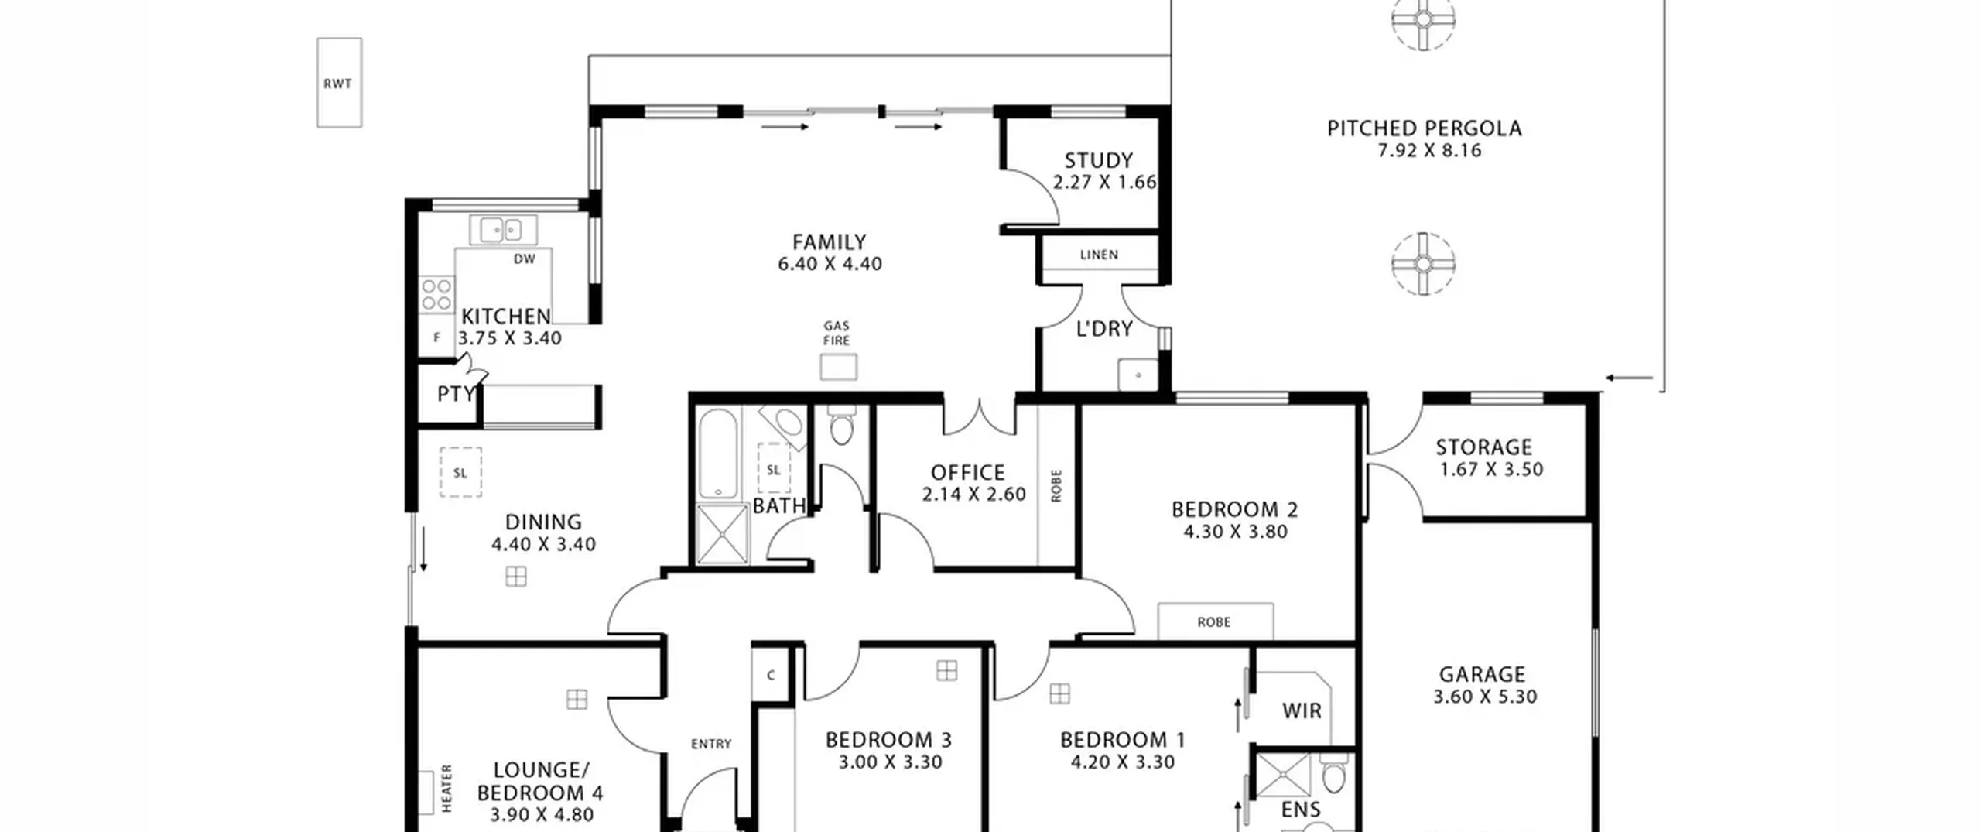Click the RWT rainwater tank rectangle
pyautogui.click(x=339, y=83)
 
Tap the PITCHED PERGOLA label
pyautogui.click(x=1425, y=128)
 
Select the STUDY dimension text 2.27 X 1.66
pyautogui.click(x=1104, y=182)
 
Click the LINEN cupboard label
pyautogui.click(x=1099, y=255)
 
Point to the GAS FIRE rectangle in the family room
pyautogui.click(x=839, y=367)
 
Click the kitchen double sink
pyautogui.click(x=503, y=230)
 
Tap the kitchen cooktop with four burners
pyautogui.click(x=436, y=295)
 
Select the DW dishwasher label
pyautogui.click(x=525, y=259)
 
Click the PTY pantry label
pyautogui.click(x=456, y=395)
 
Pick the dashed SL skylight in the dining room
pyautogui.click(x=460, y=472)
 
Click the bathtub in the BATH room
pyautogui.click(x=718, y=454)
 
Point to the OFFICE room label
pyautogui.click(x=967, y=473)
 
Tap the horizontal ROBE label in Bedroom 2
pyautogui.click(x=1213, y=622)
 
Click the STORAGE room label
pyautogui.click(x=1483, y=447)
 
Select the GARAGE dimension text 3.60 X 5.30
pyautogui.click(x=1485, y=697)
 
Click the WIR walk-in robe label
pyautogui.click(x=1302, y=711)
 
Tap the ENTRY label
pyautogui.click(x=711, y=744)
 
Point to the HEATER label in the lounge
pyautogui.click(x=446, y=788)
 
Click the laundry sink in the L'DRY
pyautogui.click(x=1138, y=375)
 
